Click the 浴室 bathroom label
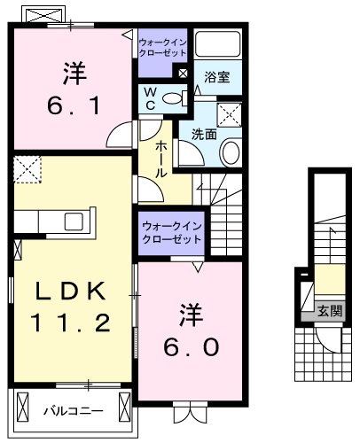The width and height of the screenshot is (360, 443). click(217, 77)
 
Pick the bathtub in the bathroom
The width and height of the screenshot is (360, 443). click(218, 45)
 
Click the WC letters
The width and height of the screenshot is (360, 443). click(150, 97)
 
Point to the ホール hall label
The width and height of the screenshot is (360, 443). click(162, 159)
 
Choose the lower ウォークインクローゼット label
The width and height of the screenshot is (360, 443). click(168, 232)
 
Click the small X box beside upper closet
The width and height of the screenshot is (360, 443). click(184, 74)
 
